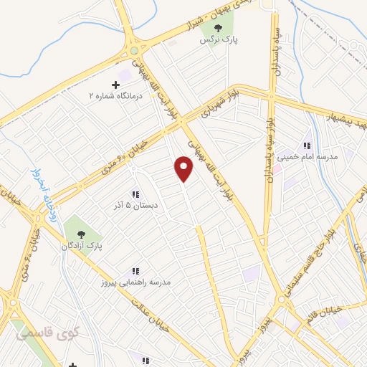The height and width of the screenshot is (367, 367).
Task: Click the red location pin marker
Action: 184,169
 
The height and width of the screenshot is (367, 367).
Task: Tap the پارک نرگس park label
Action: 220,40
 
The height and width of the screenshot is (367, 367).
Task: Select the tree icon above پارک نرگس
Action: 219,28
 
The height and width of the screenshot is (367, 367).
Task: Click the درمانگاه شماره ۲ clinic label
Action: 116,95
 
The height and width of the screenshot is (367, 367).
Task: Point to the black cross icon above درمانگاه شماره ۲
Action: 116,85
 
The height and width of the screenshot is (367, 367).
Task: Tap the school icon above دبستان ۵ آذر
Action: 135,194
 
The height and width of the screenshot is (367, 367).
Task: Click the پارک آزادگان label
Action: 81,246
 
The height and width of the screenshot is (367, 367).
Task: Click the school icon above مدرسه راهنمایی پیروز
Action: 135,271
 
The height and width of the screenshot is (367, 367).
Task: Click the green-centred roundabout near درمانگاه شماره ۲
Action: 134,51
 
